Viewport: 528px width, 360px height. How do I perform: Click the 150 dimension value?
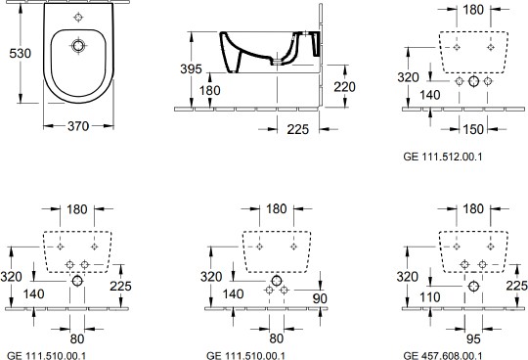tap(472, 129)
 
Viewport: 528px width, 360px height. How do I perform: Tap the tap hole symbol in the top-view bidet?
tap(79, 18)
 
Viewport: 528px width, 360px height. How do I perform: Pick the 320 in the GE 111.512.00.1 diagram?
tap(409, 74)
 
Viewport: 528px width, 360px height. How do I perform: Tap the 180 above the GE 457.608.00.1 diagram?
tap(473, 208)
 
